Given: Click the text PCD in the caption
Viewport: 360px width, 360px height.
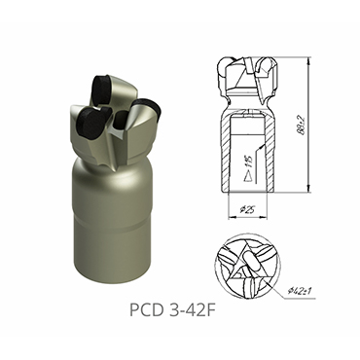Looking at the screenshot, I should point(148,313).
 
